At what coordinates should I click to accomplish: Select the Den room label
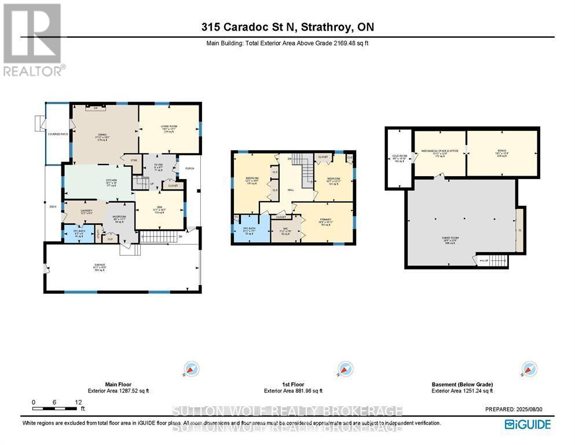[158, 210]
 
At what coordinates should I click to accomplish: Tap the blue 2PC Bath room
[78, 234]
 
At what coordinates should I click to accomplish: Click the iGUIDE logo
[528, 424]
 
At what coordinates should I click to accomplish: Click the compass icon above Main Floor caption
[192, 369]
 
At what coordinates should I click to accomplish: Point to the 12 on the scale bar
[78, 402]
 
